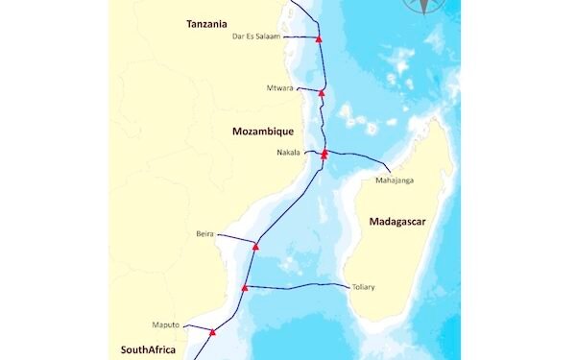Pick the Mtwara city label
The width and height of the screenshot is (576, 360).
pos(280,88)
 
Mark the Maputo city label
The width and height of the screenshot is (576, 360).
pos(167,324)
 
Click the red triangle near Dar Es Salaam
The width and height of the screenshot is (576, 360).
pos(318,37)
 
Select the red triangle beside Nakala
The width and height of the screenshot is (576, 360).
pos(324,153)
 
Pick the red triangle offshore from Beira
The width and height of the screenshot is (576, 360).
pos(255,247)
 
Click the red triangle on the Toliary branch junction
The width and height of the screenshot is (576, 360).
pos(245,287)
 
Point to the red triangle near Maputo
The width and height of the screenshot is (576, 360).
pos(212,332)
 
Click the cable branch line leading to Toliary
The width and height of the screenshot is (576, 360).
pos(298,285)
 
